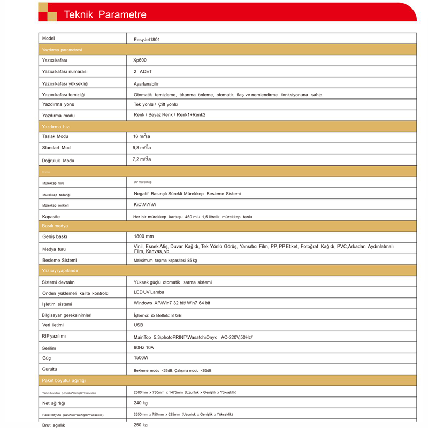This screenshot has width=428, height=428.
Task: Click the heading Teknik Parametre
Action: [105, 14]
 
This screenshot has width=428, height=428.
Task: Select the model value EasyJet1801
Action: [147, 39]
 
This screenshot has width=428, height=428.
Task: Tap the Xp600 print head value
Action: [140, 60]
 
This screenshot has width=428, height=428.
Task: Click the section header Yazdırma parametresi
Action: [62, 50]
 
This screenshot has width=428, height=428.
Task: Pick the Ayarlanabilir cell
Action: [146, 83]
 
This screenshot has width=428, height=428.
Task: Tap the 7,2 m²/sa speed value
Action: [142, 159]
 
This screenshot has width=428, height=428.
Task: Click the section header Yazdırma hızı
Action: [56, 127]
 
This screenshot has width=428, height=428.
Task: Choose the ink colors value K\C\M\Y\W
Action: [146, 205]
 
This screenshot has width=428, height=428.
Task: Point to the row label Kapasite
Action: [51, 217]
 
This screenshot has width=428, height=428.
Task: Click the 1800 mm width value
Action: [143, 236]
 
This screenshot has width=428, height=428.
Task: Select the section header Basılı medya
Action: [55, 226]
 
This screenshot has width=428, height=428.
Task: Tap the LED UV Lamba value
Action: [149, 292]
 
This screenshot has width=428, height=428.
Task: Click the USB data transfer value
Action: [138, 325]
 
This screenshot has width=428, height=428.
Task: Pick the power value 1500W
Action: [141, 357]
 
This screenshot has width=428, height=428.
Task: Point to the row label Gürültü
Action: [49, 369]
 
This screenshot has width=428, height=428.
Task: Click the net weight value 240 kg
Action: [141, 403]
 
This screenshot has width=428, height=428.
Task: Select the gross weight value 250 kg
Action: [141, 425]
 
